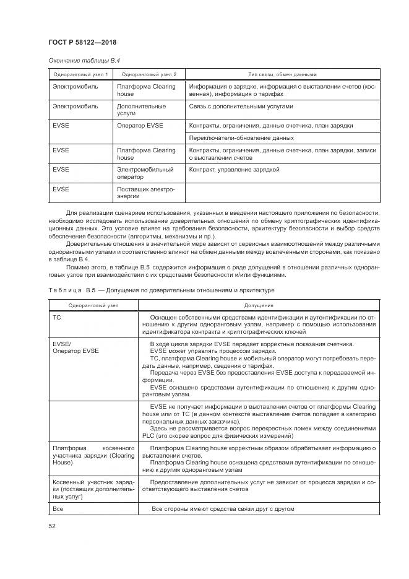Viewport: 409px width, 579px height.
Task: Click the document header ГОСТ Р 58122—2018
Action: [82, 42]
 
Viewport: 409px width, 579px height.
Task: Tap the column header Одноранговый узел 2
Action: [149, 74]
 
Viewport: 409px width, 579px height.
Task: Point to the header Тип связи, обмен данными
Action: [282, 74]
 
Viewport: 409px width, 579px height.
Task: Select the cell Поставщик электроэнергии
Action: [145, 193]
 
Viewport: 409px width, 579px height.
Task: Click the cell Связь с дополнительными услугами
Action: [241, 107]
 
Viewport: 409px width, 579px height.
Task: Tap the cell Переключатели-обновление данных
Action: [241, 137]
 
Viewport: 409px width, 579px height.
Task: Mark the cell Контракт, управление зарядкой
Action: [235, 169]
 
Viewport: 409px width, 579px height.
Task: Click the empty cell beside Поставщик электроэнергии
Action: [282, 193]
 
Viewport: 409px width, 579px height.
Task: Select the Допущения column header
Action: [259, 305]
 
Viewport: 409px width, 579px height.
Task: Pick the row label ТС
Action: [58, 316]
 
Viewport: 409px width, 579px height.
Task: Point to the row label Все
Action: [58, 509]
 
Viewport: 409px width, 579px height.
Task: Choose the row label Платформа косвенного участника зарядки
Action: [93, 455]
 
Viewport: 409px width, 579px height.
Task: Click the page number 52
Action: [52, 526]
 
